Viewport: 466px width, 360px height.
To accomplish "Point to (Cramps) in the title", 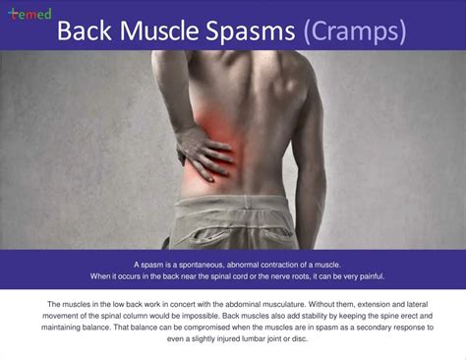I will tap(355, 31).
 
